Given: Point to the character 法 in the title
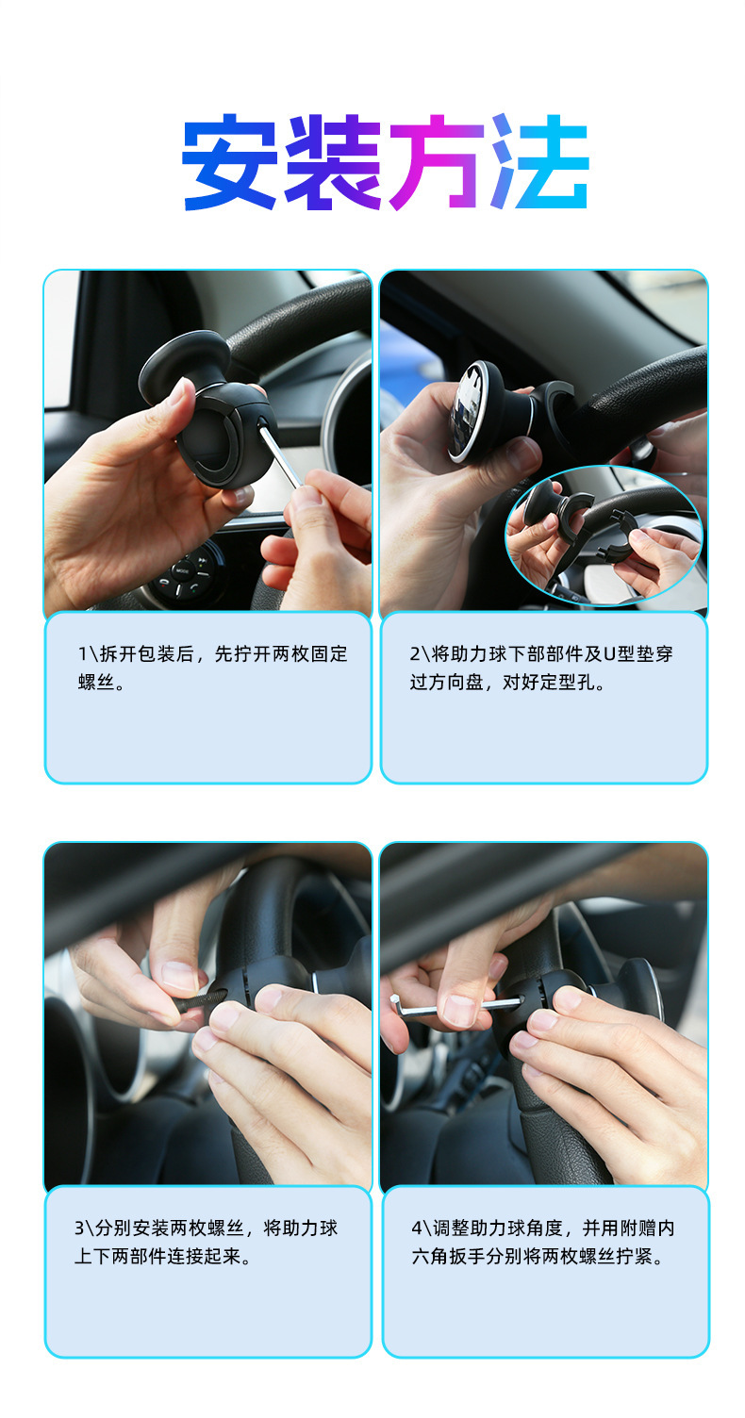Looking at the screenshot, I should (x=538, y=162).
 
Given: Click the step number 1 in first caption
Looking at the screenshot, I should (x=82, y=654).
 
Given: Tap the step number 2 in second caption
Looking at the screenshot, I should (x=414, y=654).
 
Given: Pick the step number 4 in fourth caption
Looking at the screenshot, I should (x=416, y=1228).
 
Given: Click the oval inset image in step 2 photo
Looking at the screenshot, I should (x=604, y=534).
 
